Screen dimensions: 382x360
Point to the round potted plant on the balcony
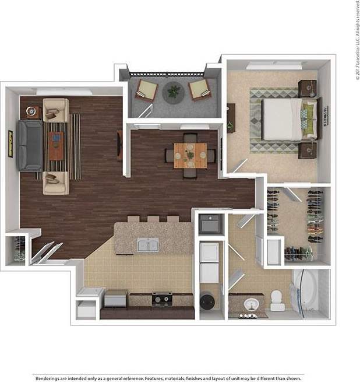[174, 91]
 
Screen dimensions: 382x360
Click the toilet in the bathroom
[277, 299]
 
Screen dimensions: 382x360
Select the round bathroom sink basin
[251, 303]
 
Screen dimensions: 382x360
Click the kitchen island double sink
[148, 245]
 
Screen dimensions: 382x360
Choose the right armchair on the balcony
[199, 89]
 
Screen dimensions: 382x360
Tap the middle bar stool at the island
[153, 219]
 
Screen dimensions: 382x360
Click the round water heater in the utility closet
[207, 301]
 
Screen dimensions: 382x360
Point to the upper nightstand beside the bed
[307, 89]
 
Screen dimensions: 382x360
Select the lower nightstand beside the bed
[307, 151]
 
